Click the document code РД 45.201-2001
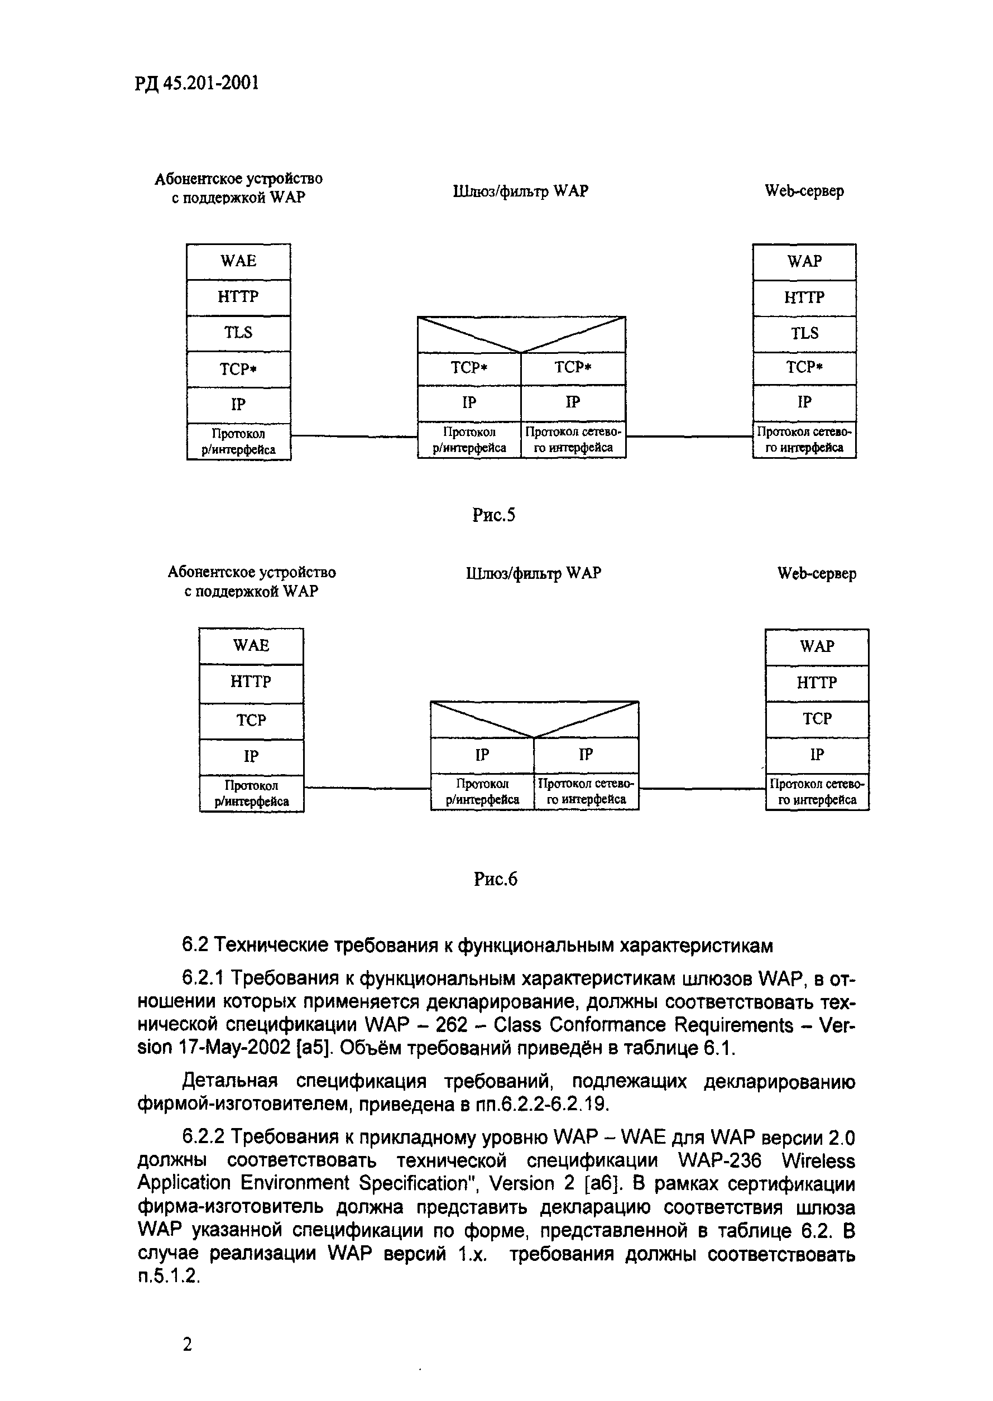click(x=196, y=83)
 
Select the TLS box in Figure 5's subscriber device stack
click(x=238, y=333)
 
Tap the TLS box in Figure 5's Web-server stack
click(x=804, y=334)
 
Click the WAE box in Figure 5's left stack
click(x=238, y=262)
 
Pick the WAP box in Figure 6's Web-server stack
click(x=817, y=647)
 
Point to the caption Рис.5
click(x=493, y=515)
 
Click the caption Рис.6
click(x=495, y=879)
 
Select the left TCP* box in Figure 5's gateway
click(x=469, y=368)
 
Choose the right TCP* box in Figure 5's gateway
click(x=573, y=368)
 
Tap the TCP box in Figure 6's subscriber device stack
click(x=251, y=721)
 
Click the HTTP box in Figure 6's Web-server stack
click(x=817, y=683)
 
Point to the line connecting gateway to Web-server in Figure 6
click(x=702, y=789)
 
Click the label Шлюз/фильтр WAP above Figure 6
click(x=533, y=573)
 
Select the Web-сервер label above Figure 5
click(x=804, y=191)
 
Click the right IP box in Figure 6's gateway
click(x=586, y=756)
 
